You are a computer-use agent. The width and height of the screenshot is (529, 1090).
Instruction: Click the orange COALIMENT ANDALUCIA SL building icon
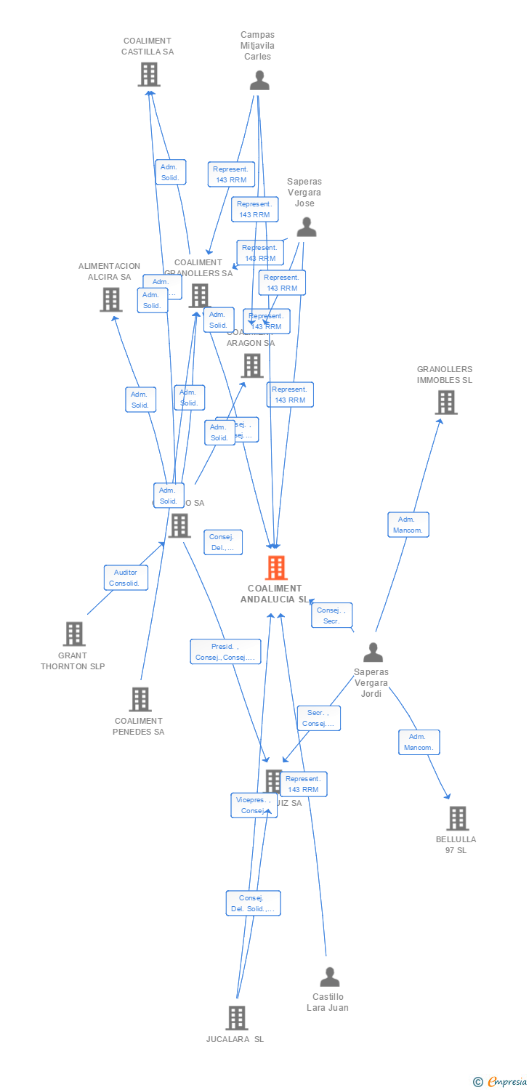276,568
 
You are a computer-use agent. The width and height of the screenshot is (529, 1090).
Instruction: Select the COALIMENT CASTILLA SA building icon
149,74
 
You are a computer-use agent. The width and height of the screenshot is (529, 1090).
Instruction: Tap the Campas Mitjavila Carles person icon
259,81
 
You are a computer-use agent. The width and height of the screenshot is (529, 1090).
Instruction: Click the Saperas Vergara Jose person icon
307,227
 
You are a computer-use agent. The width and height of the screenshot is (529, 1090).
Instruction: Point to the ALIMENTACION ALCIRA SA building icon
111,299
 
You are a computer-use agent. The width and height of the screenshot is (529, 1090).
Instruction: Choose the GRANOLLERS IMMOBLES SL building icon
446,403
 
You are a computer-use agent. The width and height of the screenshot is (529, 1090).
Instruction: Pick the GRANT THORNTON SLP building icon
73,634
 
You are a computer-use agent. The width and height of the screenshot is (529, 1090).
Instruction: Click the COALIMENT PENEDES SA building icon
140,699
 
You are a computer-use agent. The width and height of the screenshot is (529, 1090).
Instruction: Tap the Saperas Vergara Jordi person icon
373,653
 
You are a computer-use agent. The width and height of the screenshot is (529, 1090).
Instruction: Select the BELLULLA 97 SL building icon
457,818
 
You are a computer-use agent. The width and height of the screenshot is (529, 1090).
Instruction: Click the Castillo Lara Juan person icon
330,977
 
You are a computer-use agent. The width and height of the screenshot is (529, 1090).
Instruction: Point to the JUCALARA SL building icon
236,1018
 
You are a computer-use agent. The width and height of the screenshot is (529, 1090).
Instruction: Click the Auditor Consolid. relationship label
126,578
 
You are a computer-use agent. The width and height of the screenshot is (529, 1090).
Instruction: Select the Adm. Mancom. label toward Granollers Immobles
408,525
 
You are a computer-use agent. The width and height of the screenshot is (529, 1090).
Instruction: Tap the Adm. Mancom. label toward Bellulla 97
419,742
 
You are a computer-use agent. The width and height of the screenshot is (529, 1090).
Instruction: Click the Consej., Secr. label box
332,615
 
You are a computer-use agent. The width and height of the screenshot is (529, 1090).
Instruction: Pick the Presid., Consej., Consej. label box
225,652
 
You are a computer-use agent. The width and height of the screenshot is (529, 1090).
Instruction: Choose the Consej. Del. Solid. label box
253,903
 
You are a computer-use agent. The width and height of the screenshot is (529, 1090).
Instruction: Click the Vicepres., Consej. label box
254,805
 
